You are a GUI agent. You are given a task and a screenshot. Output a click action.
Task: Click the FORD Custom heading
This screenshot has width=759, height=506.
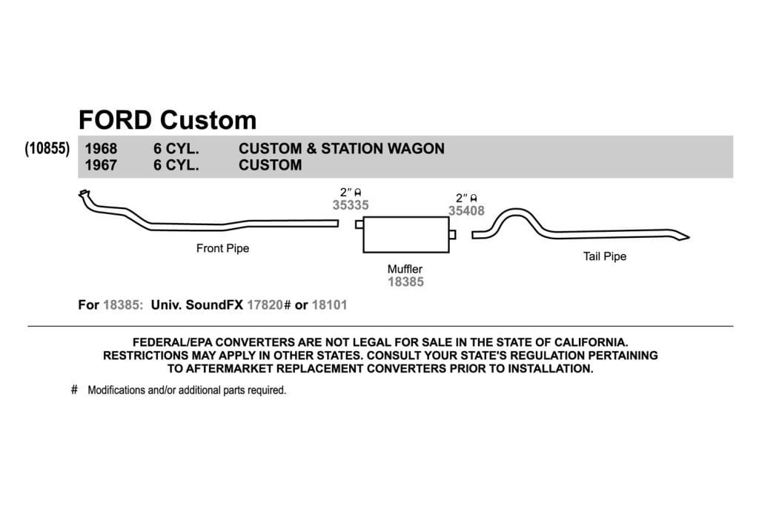(x=168, y=121)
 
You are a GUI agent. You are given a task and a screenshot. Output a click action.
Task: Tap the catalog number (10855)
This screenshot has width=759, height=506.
(x=47, y=148)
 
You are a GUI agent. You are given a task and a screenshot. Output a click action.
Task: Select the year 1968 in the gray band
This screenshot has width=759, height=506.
(x=101, y=148)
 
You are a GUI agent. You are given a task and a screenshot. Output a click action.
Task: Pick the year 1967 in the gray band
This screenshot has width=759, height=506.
(x=101, y=165)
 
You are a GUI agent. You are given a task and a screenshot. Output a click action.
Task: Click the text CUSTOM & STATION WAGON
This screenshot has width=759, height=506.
(x=341, y=148)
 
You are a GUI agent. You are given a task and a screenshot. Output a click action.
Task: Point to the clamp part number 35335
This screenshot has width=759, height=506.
(x=351, y=205)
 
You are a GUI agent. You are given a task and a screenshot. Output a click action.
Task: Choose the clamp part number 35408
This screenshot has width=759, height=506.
(x=466, y=210)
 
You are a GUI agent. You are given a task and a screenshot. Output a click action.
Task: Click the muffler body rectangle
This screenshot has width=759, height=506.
(x=406, y=235)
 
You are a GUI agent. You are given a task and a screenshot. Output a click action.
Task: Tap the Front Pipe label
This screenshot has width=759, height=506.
(x=222, y=249)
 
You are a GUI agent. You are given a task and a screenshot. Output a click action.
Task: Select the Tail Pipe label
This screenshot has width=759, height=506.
(x=605, y=257)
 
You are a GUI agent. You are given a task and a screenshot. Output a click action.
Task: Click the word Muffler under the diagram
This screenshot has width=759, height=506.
(x=405, y=269)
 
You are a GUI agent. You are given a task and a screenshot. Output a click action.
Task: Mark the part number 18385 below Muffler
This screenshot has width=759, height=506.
(x=405, y=282)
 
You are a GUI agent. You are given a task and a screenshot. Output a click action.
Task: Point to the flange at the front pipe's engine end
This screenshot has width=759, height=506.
(x=84, y=193)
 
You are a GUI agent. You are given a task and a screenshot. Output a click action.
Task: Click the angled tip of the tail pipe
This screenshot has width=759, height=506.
(x=683, y=236)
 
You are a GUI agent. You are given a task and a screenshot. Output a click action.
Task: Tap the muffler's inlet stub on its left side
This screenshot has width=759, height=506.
(x=359, y=224)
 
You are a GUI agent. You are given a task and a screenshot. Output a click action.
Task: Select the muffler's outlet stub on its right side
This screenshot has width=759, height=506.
(x=453, y=235)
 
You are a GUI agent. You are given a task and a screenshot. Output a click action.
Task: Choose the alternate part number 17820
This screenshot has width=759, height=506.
(x=265, y=305)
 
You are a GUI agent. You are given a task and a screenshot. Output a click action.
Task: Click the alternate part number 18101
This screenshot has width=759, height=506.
(x=330, y=305)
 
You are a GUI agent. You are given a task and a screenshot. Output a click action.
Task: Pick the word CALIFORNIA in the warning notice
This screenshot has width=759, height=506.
(x=591, y=342)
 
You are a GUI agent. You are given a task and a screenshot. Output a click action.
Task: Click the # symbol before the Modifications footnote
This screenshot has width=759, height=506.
(x=74, y=390)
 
